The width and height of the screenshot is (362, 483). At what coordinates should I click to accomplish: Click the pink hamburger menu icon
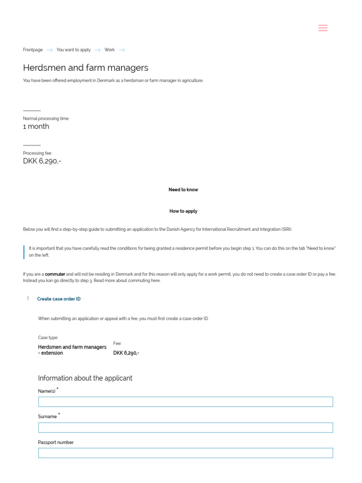323,28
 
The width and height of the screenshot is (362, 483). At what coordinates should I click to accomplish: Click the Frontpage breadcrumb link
33,50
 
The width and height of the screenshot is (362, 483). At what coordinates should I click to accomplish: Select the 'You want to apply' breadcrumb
74,50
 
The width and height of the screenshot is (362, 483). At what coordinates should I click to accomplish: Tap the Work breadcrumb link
109,50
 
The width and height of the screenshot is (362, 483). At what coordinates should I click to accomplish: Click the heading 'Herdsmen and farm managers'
86,68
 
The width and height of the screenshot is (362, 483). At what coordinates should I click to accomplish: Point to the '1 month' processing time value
36,126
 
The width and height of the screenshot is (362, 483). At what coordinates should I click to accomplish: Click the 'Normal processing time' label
46,118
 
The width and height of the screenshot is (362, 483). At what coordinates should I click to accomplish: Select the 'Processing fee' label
37,153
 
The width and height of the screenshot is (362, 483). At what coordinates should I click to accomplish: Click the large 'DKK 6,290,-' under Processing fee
42,161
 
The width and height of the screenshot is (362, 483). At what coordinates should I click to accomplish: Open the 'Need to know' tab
183,190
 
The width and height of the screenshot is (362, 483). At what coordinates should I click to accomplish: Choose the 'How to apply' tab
183,211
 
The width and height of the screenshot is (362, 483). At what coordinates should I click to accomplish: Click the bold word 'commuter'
55,274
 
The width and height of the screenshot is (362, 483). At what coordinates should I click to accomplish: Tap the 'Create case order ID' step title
59,299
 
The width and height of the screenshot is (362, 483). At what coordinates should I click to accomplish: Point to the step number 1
28,299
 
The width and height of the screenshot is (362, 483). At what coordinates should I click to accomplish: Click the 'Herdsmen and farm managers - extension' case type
72,350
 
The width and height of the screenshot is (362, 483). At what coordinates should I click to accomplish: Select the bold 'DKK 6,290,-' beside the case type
126,353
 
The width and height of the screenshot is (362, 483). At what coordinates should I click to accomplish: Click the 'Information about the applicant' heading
85,378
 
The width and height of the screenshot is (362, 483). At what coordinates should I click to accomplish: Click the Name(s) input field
185,402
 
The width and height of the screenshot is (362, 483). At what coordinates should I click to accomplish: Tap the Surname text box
185,428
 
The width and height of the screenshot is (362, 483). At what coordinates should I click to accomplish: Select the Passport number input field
185,453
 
